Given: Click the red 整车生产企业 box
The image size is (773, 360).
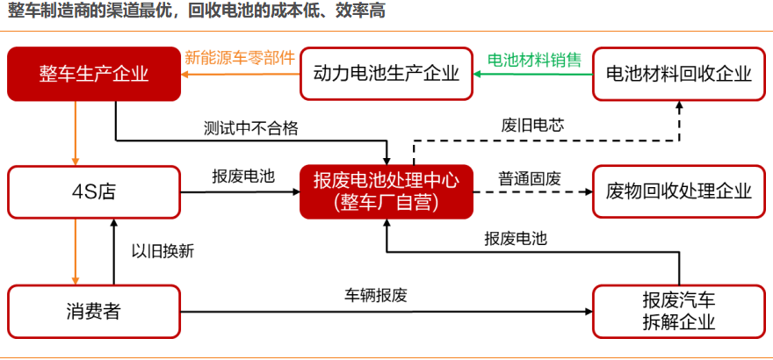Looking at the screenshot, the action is pos(94,74).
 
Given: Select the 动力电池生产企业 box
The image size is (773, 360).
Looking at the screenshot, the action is pos(386,74).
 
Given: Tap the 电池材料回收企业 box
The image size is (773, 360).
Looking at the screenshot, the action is pos(679,74).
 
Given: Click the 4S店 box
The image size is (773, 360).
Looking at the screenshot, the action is pos(94,191).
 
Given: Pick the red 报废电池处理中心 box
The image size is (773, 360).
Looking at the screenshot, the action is pos(386,191).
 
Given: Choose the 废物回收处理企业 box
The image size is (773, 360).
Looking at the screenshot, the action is pos(679,191).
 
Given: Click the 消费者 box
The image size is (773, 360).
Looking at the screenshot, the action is pos(94,311).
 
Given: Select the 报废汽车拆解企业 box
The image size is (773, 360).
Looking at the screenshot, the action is pos(679,311).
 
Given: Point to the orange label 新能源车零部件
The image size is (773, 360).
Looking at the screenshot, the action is pos(240,58).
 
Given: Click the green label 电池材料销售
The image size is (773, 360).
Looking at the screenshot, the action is pos(534,60).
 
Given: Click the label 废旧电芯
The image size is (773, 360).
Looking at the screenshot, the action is pos(532,125).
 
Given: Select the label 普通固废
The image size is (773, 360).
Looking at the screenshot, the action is pos(530,179).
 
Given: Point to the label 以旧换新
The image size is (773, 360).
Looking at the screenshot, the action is pos(163,251).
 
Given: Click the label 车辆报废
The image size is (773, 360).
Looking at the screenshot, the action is pos(376,296).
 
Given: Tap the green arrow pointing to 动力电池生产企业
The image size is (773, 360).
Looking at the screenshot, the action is pos(533,75).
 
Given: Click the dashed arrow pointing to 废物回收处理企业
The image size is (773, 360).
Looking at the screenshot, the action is pos(533,191).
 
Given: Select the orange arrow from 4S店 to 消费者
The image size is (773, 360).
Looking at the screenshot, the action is pos(76,251).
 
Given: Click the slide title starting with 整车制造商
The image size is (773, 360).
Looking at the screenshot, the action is pos(196,11).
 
